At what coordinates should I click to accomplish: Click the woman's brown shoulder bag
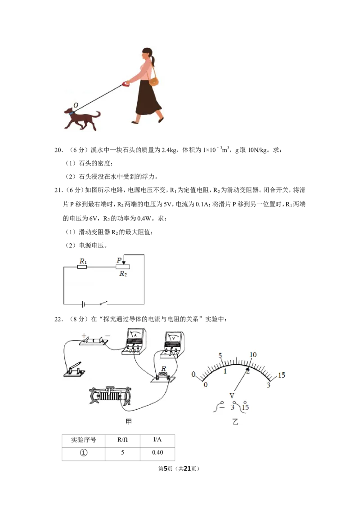pyautogui.click(x=154, y=81)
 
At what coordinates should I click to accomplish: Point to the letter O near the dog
pyautogui.click(x=76, y=105)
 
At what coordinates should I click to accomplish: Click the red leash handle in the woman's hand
pyautogui.click(x=126, y=84)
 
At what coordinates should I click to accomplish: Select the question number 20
pyautogui.click(x=58, y=150)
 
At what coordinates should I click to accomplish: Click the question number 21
pyautogui.click(x=58, y=190)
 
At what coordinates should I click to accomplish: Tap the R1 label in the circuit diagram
pyautogui.click(x=84, y=261)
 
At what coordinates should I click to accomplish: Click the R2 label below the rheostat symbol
pyautogui.click(x=123, y=274)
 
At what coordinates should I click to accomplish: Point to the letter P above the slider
pyautogui.click(x=119, y=260)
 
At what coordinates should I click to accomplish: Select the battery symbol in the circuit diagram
pyautogui.click(x=83, y=304)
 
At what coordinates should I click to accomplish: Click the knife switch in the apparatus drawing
pyautogui.click(x=74, y=370)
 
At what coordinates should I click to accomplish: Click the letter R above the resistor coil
pyautogui.click(x=164, y=369)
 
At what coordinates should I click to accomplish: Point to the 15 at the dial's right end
pyautogui.click(x=281, y=375)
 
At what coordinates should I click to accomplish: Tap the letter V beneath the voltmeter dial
pyautogui.click(x=232, y=396)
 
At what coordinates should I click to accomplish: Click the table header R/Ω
pyautogui.click(x=122, y=440)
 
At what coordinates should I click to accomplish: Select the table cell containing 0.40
pyautogui.click(x=157, y=452)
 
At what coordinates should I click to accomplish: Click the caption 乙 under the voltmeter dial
pyautogui.click(x=235, y=422)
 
